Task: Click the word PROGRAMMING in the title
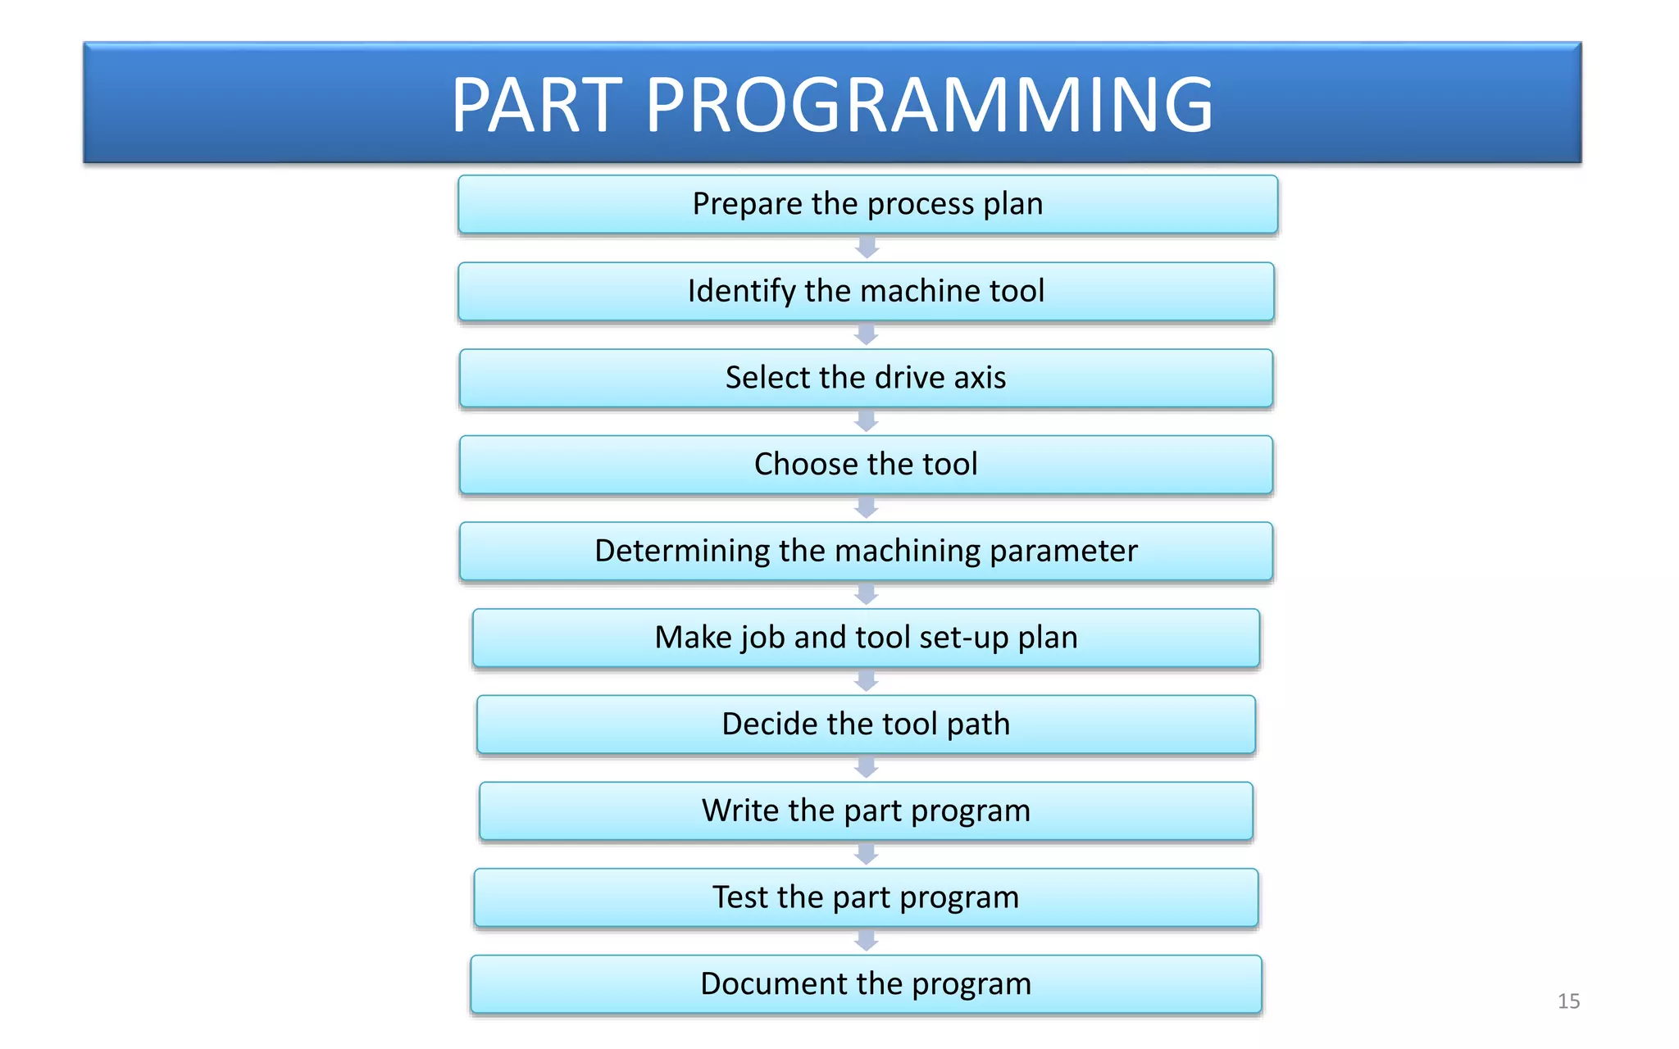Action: click(929, 105)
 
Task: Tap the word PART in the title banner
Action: click(537, 105)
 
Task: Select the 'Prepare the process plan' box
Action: click(867, 204)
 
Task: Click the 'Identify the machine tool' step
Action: click(866, 291)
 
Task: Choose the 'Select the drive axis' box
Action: click(866, 378)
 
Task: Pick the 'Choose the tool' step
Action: click(866, 465)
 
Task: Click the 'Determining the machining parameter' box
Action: click(866, 551)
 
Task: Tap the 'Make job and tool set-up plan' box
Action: click(866, 638)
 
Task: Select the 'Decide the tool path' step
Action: click(866, 724)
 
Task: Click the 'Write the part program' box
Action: click(866, 811)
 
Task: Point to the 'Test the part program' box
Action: click(866, 897)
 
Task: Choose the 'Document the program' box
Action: click(866, 983)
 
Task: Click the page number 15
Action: click(1568, 1001)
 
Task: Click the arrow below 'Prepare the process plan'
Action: click(867, 247)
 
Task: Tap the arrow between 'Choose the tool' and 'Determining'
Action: click(866, 508)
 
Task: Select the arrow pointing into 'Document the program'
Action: click(866, 941)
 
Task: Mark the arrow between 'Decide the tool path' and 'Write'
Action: click(866, 768)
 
